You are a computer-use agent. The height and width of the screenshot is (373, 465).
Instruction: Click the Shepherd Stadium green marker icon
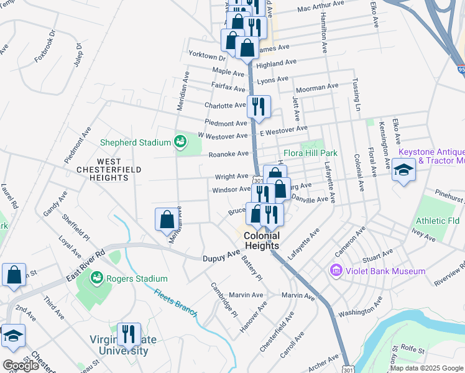tap(180, 142)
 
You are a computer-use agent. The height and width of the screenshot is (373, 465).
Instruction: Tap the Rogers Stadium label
tap(136, 279)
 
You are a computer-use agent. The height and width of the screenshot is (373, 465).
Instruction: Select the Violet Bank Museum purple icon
tap(336, 271)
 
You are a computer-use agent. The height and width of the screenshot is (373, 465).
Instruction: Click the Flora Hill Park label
tap(310, 153)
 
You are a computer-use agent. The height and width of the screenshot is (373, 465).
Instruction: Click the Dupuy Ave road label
tap(221, 256)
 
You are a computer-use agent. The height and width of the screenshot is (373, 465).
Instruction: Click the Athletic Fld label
tap(438, 221)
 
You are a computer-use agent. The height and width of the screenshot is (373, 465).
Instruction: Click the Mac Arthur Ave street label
tap(320, 6)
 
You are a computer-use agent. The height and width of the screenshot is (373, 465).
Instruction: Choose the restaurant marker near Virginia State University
tap(129, 335)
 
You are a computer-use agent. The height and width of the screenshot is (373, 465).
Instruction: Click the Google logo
tap(21, 366)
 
